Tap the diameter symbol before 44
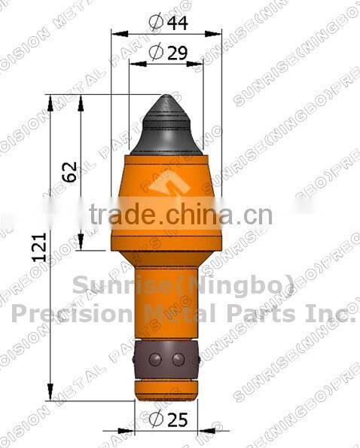156,23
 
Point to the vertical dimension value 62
69,172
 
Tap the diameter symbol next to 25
156,418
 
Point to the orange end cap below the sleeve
166,387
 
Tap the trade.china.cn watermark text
180,216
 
